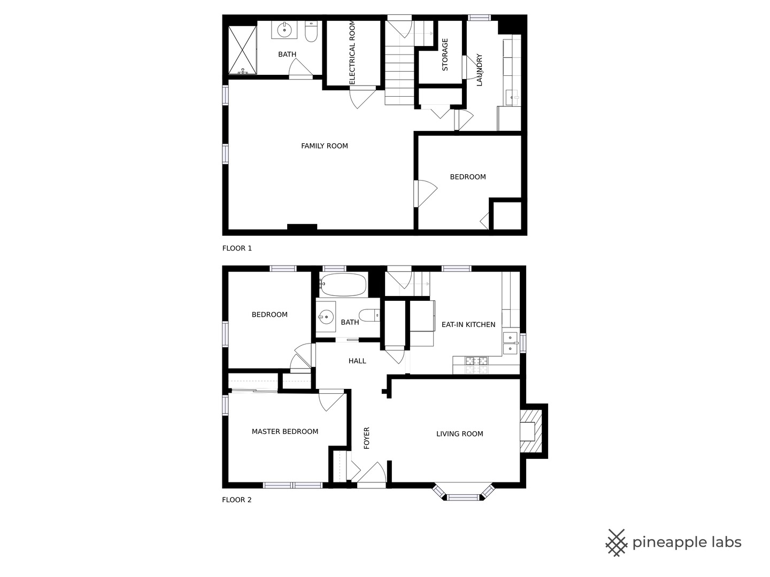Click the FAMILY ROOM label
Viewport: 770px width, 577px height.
pyautogui.click(x=325, y=146)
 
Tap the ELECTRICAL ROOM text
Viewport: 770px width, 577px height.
pyautogui.click(x=352, y=52)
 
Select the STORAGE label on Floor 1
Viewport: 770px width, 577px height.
pyautogui.click(x=445, y=54)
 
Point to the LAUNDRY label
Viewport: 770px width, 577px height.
pyautogui.click(x=479, y=69)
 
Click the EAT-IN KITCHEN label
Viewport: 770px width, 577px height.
pyautogui.click(x=468, y=325)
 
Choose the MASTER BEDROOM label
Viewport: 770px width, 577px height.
pyautogui.click(x=285, y=432)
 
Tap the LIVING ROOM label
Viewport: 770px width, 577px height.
pyautogui.click(x=459, y=434)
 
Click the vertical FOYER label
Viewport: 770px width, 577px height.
pyautogui.click(x=367, y=438)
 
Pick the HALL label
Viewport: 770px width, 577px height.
pyautogui.click(x=357, y=361)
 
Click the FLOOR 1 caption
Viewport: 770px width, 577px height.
pyautogui.click(x=237, y=248)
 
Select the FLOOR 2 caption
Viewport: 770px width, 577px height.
pyautogui.click(x=237, y=500)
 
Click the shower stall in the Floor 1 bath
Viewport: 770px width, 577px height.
pyautogui.click(x=242, y=50)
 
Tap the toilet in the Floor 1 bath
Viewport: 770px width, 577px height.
pyautogui.click(x=311, y=32)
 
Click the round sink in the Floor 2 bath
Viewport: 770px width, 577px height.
pyautogui.click(x=326, y=317)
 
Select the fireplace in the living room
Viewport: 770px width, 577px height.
pyautogui.click(x=531, y=431)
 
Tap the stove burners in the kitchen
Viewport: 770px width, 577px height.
pyautogui.click(x=476, y=365)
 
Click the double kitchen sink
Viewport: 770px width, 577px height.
pyautogui.click(x=511, y=343)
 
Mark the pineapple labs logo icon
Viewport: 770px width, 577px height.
pyautogui.click(x=617, y=543)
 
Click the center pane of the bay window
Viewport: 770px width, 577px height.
pyautogui.click(x=463, y=497)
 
